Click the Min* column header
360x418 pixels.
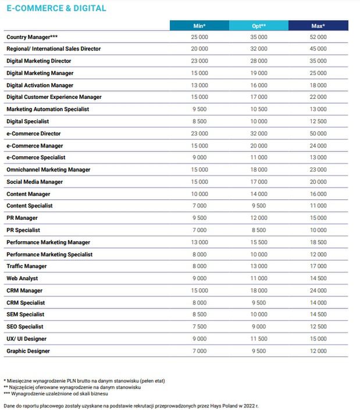199,26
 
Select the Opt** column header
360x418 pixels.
259,26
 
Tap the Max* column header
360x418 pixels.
318,26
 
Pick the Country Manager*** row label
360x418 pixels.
31,37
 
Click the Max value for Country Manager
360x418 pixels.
318,37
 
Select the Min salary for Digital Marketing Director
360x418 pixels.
199,61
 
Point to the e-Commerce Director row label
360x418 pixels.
33,134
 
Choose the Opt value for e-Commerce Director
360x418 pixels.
259,134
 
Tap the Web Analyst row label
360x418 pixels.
22,278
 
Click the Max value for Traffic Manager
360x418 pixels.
318,266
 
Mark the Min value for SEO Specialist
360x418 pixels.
199,327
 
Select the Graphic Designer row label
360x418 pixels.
28,351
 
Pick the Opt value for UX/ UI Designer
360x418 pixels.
259,339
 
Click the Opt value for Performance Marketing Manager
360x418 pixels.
259,242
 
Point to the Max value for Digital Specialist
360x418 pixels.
318,122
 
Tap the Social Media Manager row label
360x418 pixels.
34,182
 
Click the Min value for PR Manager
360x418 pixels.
199,218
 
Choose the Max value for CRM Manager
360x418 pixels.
318,291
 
